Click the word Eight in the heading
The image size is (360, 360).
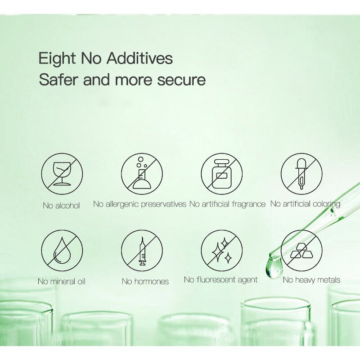tap(57, 59)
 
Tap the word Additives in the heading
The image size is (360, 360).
tap(139, 58)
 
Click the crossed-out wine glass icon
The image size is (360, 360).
tap(62, 174)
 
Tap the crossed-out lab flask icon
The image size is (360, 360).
tap(142, 174)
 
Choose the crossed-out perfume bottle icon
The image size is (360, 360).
tap(222, 174)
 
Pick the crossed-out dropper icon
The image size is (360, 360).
tap(301, 174)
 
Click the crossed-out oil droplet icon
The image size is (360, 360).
tap(62, 251)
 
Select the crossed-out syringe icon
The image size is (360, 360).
tap(142, 251)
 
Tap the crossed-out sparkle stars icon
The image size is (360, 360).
tap(222, 251)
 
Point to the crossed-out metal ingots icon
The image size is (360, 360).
tap(301, 251)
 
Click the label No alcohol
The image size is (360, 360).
tap(61, 206)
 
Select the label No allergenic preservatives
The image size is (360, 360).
tap(139, 204)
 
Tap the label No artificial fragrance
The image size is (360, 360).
tap(227, 204)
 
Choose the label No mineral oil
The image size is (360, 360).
tap(62, 281)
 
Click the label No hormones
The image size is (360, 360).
tap(145, 281)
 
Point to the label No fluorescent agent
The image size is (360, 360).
tap(221, 280)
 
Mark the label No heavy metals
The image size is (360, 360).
tap(311, 280)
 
